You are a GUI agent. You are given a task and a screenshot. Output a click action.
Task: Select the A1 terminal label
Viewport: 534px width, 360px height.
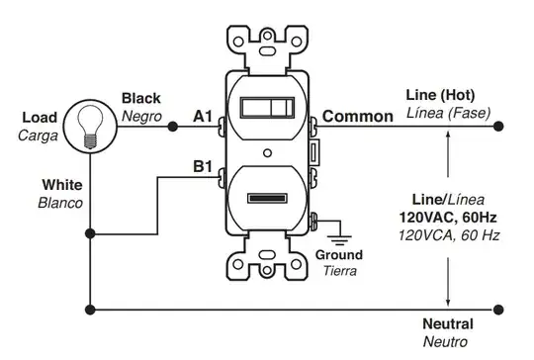point(203,117)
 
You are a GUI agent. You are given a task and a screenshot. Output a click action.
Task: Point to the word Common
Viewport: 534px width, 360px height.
point(357,117)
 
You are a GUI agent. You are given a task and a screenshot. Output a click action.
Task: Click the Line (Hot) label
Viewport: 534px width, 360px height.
point(440,96)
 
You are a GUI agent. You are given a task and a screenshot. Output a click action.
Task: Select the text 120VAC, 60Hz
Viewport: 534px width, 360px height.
point(450,217)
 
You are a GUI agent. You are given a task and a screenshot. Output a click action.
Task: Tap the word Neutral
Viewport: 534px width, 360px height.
point(447,324)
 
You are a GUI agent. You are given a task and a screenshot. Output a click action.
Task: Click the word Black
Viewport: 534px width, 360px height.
point(141,98)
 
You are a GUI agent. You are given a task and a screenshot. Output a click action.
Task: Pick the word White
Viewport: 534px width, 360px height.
point(61,185)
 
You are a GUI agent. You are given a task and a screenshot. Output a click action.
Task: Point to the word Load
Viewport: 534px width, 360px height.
point(39,118)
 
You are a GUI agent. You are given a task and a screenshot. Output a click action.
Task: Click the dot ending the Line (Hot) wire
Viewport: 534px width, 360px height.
point(497,127)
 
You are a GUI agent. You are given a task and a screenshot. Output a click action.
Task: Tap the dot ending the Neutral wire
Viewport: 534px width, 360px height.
point(497,309)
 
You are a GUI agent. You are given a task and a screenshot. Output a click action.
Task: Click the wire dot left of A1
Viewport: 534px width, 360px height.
point(172,127)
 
